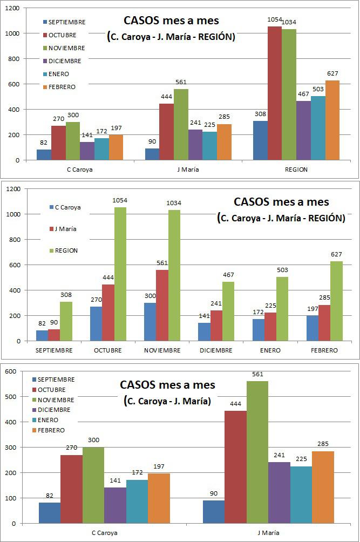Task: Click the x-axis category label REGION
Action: [x=296, y=170]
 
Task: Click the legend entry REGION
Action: [x=66, y=250]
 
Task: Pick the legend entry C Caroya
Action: [x=67, y=207]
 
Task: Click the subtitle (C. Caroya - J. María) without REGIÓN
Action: [x=167, y=401]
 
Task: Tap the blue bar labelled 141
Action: [x=205, y=331]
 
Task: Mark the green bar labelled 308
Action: [x=66, y=321]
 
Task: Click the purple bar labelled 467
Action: [x=303, y=130]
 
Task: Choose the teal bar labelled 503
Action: [x=318, y=128]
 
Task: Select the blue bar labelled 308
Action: [x=260, y=140]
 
